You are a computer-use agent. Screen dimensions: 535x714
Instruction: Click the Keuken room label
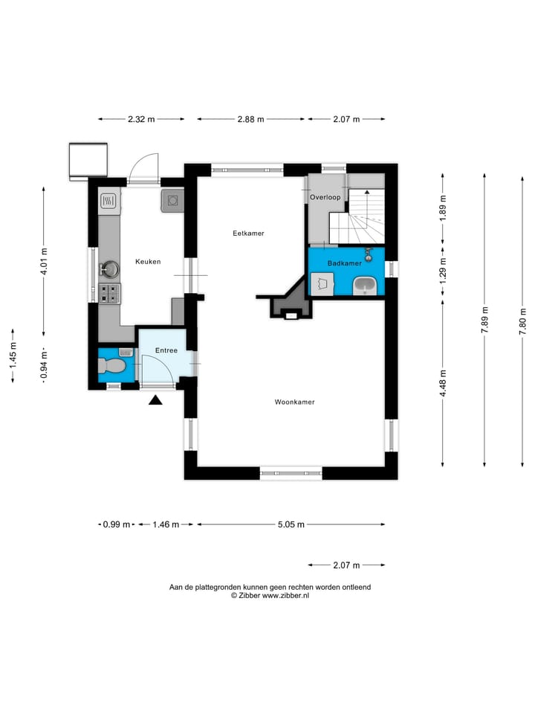pyautogui.click(x=148, y=261)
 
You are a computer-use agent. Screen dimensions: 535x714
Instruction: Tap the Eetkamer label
pyautogui.click(x=248, y=233)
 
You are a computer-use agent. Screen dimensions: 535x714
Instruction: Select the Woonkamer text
pyautogui.click(x=295, y=402)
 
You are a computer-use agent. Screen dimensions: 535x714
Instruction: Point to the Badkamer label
pyautogui.click(x=345, y=263)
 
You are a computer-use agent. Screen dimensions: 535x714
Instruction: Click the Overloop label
pyautogui.click(x=325, y=197)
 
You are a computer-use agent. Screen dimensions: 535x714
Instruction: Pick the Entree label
pyautogui.click(x=166, y=350)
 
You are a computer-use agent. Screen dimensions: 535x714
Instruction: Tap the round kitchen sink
pyautogui.click(x=109, y=269)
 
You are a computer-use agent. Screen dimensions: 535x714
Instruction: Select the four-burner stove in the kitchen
pyautogui.click(x=110, y=293)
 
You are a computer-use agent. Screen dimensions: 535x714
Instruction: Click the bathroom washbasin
pyautogui.click(x=365, y=286)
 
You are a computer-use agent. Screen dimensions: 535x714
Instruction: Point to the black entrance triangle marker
pyautogui.click(x=155, y=400)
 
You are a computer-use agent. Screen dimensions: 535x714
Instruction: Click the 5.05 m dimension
pyautogui.click(x=291, y=524)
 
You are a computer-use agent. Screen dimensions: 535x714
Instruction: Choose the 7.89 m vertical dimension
pyautogui.click(x=484, y=320)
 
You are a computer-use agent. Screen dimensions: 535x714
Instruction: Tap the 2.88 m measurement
pyautogui.click(x=250, y=119)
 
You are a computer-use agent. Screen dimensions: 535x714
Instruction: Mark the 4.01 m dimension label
pyautogui.click(x=44, y=261)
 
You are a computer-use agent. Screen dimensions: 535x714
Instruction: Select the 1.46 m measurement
pyautogui.click(x=166, y=524)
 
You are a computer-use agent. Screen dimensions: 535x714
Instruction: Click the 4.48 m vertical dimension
pyautogui.click(x=443, y=383)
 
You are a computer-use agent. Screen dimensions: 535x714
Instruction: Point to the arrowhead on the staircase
pyautogui.click(x=366, y=192)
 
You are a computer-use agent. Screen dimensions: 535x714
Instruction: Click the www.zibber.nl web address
pyautogui.click(x=285, y=595)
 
